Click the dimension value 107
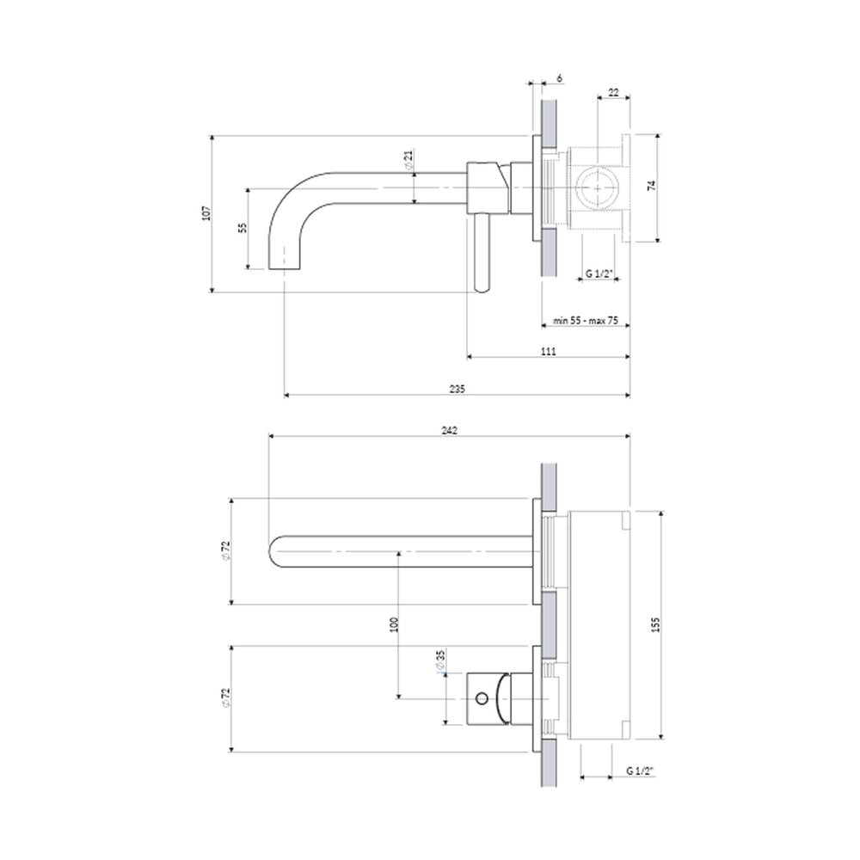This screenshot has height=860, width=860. (206, 212)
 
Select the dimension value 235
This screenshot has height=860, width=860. (457, 389)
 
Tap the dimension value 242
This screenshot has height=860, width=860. (449, 431)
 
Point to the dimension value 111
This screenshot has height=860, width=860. (549, 351)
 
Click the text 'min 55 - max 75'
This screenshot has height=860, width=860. (585, 320)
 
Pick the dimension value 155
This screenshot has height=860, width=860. (656, 624)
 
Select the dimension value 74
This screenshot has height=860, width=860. (652, 186)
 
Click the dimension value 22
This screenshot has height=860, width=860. (613, 93)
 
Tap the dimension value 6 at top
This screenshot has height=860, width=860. (559, 78)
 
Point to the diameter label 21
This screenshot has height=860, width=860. (408, 160)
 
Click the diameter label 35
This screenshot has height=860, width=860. (440, 660)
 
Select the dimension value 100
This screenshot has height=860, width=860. (393, 624)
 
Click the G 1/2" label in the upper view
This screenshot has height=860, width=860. (599, 273)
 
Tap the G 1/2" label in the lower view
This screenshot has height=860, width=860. (640, 771)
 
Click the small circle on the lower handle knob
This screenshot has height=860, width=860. (482, 698)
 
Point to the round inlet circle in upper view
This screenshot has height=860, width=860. (598, 187)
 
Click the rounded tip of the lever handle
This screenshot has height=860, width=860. (482, 287)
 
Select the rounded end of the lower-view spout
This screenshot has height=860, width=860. (275, 550)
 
